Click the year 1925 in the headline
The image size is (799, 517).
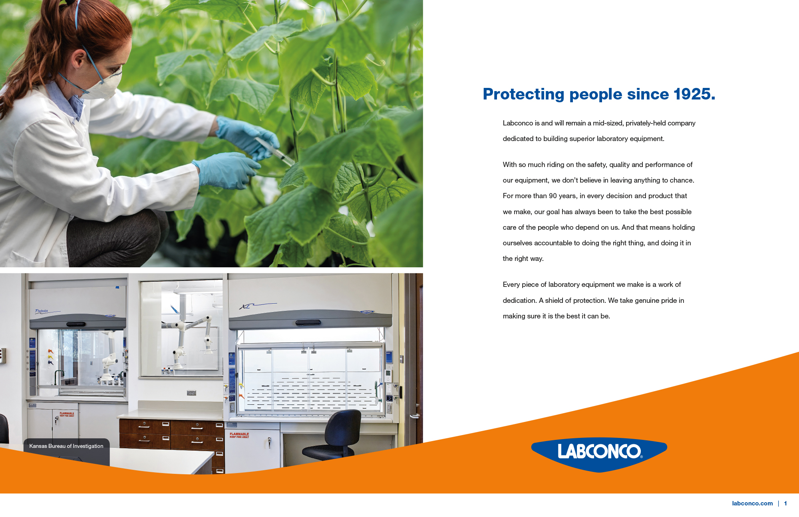[694, 94]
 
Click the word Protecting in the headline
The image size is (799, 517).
[523, 95]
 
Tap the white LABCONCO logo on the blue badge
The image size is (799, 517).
[600, 451]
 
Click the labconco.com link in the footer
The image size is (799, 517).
[752, 503]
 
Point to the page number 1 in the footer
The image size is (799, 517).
[785, 503]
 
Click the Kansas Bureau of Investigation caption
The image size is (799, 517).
[66, 446]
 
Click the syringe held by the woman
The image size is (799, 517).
[275, 151]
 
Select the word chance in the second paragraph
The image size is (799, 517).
[681, 180]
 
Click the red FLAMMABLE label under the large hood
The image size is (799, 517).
[239, 435]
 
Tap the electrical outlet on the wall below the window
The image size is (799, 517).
[191, 393]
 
